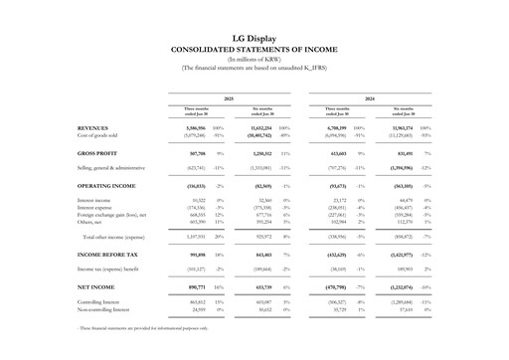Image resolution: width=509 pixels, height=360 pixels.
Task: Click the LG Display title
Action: [x=254, y=38]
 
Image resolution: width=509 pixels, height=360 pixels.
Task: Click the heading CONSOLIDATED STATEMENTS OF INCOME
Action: [x=254, y=49]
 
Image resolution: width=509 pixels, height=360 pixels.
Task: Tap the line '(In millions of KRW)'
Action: [x=254, y=59]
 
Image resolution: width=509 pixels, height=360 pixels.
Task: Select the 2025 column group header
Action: [x=227, y=97]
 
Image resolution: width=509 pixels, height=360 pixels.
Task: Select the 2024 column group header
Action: [x=370, y=97]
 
